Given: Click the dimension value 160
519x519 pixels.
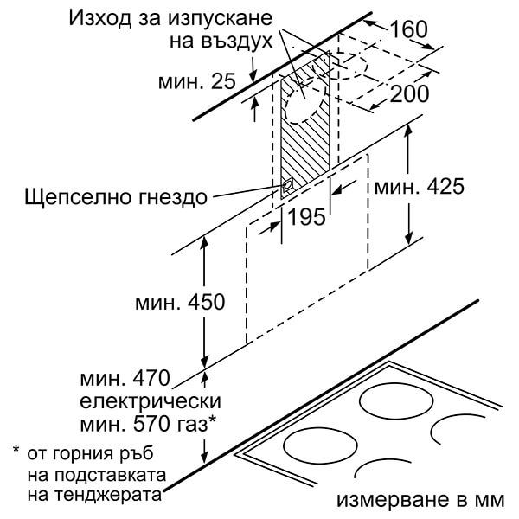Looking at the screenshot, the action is pos(409,29).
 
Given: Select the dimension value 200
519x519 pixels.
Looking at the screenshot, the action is pos(410,93).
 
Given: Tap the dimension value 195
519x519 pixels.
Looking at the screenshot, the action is pos(307,217).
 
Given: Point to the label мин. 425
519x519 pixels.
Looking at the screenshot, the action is pos(419,187).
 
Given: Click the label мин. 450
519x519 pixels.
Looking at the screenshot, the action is pos(180,302).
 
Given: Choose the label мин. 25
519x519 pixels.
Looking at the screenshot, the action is pos(196,80).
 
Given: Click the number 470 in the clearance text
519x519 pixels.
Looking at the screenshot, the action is pos(151,378).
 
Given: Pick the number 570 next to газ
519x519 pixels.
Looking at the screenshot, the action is pos(151,424).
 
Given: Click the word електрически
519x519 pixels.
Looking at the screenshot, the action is pos(151,401).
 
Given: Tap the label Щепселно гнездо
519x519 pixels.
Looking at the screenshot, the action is pos(116,197).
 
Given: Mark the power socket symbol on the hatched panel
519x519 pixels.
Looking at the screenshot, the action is pos(286,186).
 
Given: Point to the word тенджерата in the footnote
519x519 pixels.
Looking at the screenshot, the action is pos(108,496).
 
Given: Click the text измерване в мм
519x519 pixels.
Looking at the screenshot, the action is pos(420,500).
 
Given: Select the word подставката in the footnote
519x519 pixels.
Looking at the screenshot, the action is pos(110,475).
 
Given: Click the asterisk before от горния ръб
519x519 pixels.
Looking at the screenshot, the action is pos(16,450).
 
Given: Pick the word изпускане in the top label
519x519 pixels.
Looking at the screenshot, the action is pos(220,18).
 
